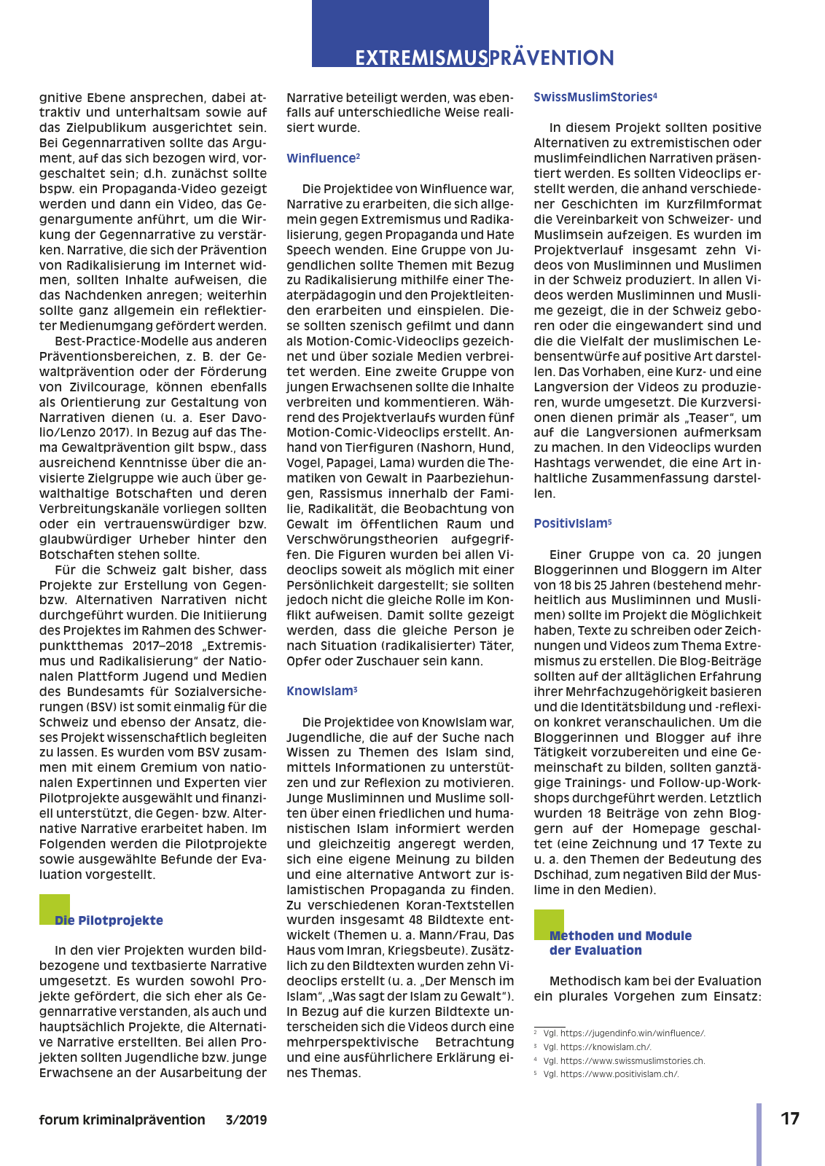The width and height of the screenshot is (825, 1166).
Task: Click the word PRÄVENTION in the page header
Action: point(552,58)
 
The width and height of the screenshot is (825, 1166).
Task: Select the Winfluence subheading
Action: point(321,158)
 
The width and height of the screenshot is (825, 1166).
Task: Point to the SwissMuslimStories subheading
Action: point(593,97)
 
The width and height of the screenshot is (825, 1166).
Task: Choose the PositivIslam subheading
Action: point(571,523)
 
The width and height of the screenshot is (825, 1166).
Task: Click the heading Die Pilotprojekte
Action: point(109,920)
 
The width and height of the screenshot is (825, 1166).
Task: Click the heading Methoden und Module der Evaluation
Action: point(619,943)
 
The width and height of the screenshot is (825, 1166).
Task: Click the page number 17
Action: point(790,1119)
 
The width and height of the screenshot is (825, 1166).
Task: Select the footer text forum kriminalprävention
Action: point(122,1120)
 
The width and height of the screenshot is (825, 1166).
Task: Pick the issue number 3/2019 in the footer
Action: point(246,1120)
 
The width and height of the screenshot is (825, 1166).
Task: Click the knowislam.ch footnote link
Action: point(606,1047)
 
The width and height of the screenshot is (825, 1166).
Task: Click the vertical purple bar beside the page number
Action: point(759,1134)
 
